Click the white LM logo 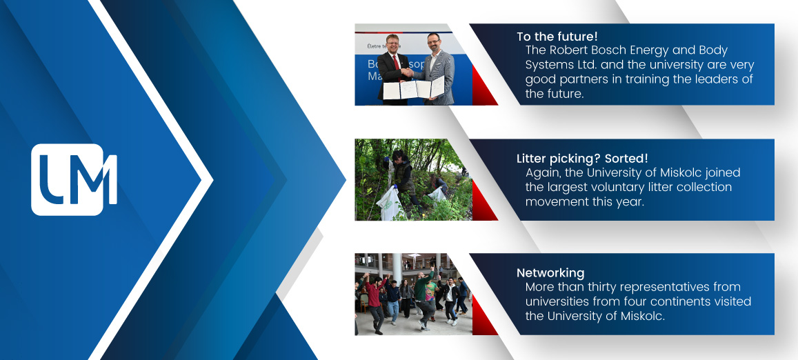(74, 179)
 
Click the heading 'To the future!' (557, 37)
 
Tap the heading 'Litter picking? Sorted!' (582, 159)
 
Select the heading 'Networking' (550, 273)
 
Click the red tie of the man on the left (396, 63)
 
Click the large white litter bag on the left (388, 203)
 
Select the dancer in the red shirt (375, 303)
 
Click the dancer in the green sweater (423, 298)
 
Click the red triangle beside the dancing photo (484, 316)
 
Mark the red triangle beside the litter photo (484, 201)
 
